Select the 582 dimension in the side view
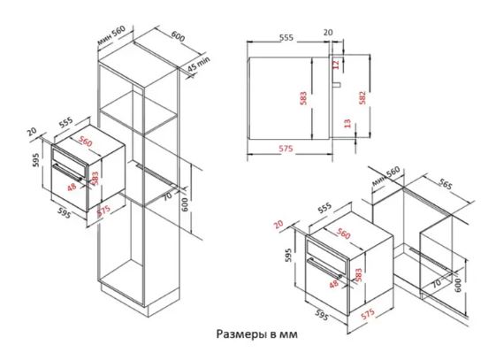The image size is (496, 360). (362, 97)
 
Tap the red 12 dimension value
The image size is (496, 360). (336, 65)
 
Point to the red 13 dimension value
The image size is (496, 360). (347, 123)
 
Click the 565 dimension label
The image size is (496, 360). (445, 184)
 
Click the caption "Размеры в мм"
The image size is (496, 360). (257, 333)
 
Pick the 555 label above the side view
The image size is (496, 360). (286, 38)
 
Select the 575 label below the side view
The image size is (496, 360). (286, 149)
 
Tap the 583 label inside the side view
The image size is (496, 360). (303, 98)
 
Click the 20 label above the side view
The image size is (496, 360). (328, 32)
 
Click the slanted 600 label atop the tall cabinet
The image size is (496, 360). (178, 36)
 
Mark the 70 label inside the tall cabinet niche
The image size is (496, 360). (167, 196)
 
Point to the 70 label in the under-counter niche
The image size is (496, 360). (437, 282)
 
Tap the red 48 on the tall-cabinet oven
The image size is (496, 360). (72, 187)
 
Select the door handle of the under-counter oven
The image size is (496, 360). (325, 269)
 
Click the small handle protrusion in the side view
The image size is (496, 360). (337, 84)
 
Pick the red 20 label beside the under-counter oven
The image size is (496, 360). (279, 225)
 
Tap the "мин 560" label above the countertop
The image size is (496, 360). (385, 176)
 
